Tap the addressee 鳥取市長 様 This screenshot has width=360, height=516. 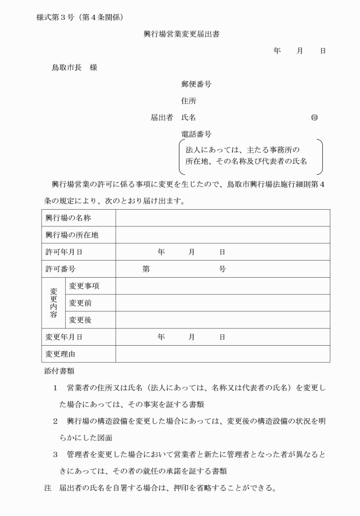coord(75,67)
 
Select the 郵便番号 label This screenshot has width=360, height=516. coord(196,84)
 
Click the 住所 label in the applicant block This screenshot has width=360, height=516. coord(189,101)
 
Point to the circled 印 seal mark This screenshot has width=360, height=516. coord(314,118)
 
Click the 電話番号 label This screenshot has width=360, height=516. coord(196,134)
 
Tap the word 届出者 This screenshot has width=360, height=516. coord(162,118)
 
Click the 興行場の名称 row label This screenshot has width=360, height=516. coord(69,218)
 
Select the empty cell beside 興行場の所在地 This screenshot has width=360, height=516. coord(222,235)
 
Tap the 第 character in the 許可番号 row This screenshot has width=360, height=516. coord(146,269)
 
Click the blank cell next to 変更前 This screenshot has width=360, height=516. coord(222,303)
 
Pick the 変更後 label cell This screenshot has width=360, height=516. coord(81,320)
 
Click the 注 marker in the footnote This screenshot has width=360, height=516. coord(47,489)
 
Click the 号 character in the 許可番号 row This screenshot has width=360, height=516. coord(223,269)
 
